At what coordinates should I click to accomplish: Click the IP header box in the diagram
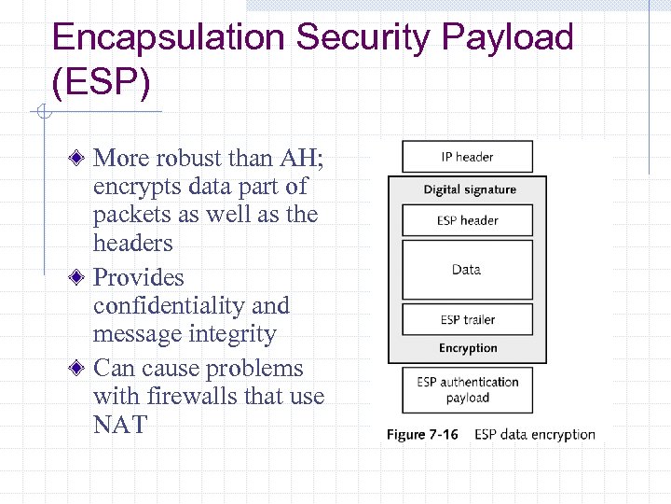(x=467, y=157)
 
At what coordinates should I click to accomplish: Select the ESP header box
(x=467, y=220)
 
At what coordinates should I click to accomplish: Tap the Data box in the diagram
(x=467, y=270)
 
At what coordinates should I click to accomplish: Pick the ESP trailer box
(x=467, y=319)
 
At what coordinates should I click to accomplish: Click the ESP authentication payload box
(x=467, y=389)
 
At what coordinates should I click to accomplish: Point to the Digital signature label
(x=469, y=189)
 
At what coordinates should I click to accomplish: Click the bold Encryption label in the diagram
(x=468, y=348)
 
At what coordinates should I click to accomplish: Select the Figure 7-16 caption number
(x=422, y=434)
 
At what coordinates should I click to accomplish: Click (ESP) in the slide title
(x=101, y=82)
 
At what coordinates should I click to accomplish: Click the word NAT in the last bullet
(x=120, y=425)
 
